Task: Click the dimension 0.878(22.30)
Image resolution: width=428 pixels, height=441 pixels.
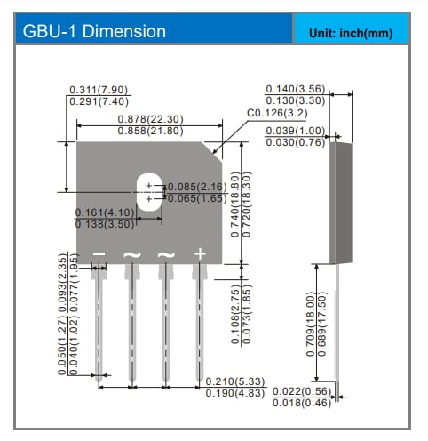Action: pyautogui.click(x=151, y=119)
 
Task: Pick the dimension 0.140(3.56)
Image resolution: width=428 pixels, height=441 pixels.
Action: pyautogui.click(x=297, y=90)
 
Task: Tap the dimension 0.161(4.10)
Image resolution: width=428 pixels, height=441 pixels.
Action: pyautogui.click(x=104, y=212)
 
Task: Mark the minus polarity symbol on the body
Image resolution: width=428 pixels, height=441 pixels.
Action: pyautogui.click(x=99, y=255)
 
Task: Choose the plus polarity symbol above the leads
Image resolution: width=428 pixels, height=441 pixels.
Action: pyautogui.click(x=200, y=254)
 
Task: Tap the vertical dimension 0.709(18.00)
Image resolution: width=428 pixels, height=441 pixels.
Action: pyautogui.click(x=310, y=324)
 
